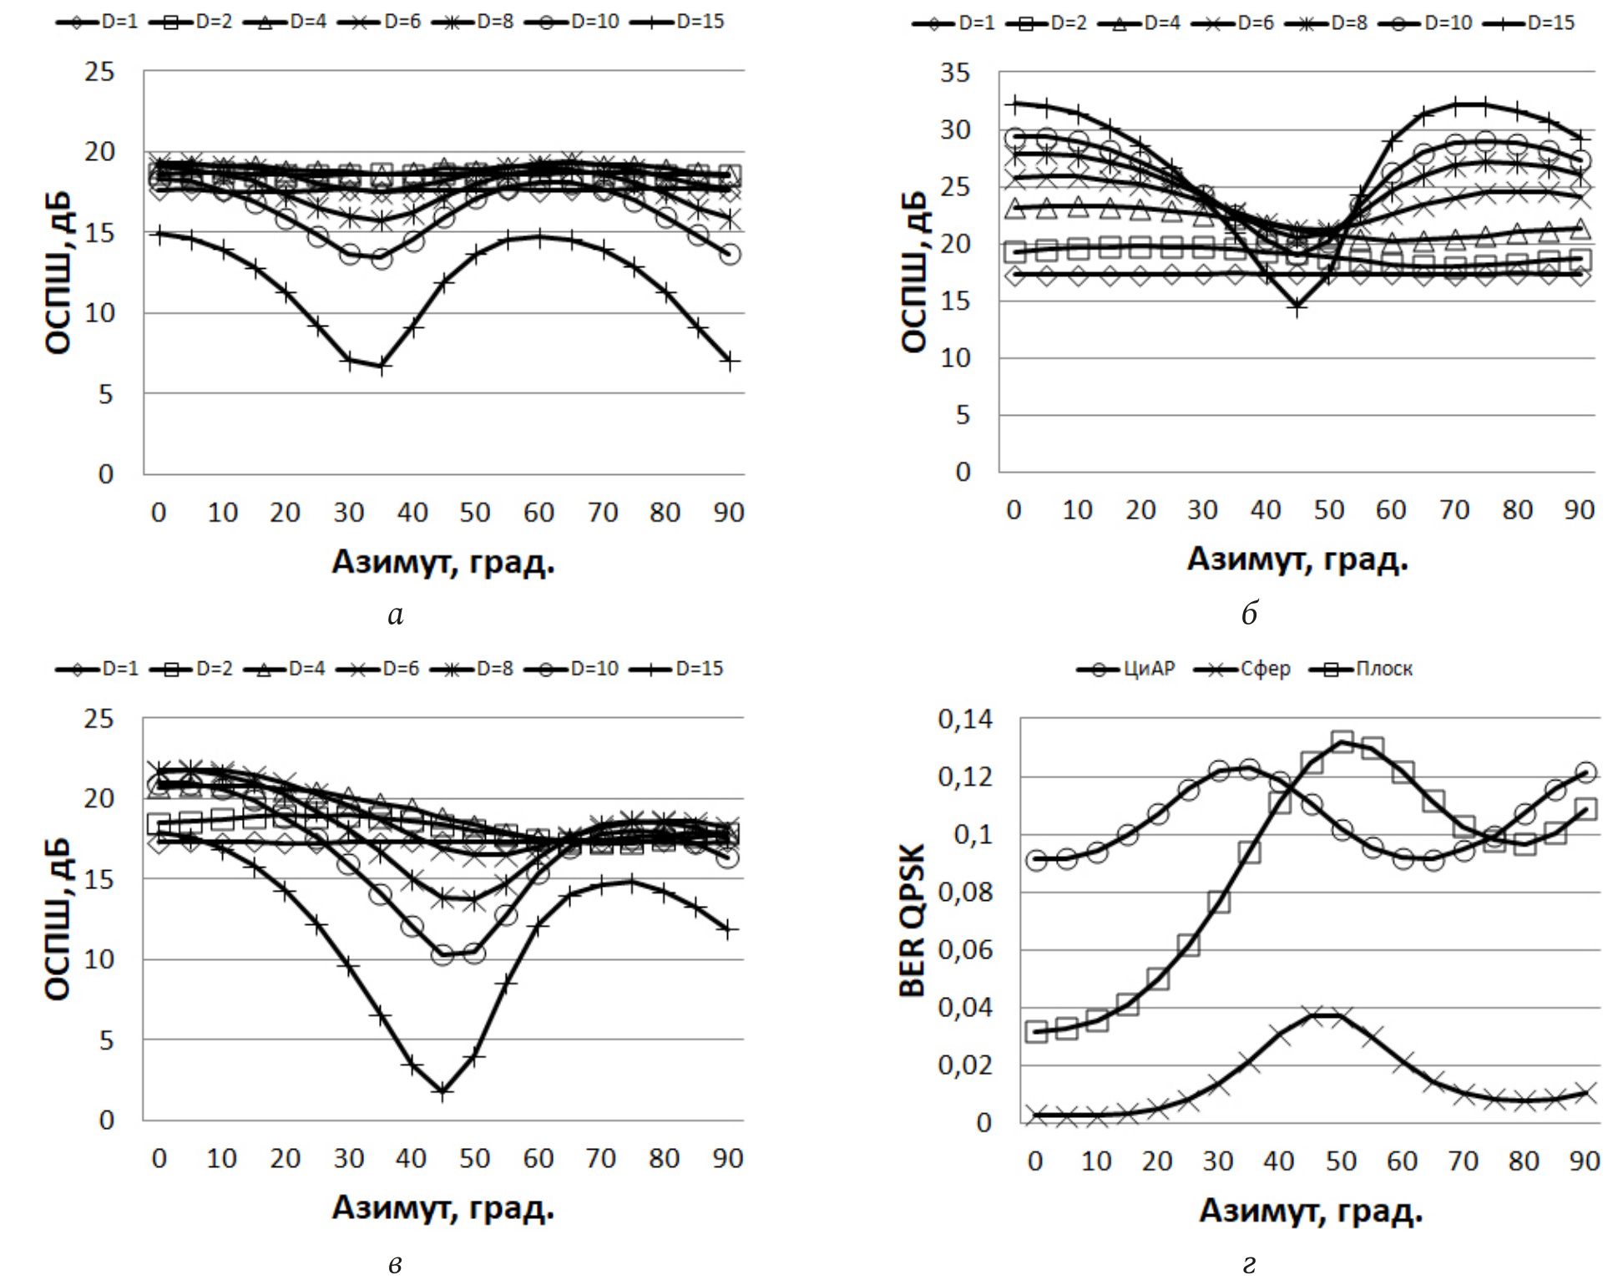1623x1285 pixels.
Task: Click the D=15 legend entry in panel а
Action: point(678,21)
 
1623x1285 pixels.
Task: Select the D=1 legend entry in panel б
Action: point(954,23)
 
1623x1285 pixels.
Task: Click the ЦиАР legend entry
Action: point(1126,669)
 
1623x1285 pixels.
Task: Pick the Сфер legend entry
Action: point(1243,669)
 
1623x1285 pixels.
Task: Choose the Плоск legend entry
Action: point(1362,669)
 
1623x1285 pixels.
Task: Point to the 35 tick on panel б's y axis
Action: point(954,73)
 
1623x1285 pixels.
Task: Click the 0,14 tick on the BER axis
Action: point(965,719)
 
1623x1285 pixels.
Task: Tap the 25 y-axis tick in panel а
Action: point(99,72)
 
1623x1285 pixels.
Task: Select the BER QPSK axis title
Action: point(913,919)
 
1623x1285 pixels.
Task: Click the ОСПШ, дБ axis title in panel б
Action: point(914,271)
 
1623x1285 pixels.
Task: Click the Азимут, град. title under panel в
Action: point(442,1207)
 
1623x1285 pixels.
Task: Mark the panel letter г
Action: point(1249,1263)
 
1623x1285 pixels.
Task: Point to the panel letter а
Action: point(395,615)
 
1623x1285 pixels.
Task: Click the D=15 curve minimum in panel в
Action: point(442,1091)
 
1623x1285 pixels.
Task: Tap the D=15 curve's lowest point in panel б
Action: point(1297,307)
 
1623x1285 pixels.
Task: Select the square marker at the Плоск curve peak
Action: point(1342,741)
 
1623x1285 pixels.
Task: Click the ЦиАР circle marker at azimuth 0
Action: point(1036,860)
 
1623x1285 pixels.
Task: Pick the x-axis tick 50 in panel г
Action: point(1341,1161)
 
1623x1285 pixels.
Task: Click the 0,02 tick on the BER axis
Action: point(965,1065)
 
